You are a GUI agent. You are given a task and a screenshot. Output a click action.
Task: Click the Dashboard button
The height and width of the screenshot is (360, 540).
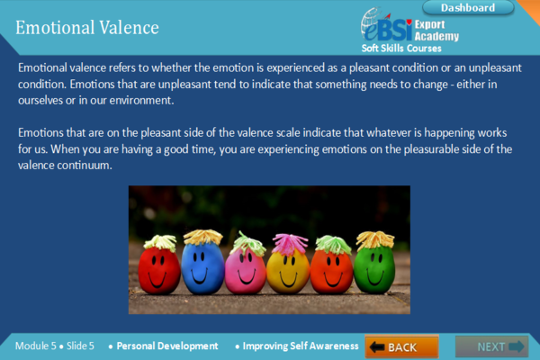coord(468,7)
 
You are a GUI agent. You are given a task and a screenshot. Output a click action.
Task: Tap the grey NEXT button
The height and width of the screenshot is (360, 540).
coord(491,346)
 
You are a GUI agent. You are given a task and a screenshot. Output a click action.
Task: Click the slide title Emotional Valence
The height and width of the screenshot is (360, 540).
coord(87,28)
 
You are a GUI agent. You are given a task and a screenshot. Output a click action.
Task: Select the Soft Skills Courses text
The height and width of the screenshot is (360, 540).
coord(401,49)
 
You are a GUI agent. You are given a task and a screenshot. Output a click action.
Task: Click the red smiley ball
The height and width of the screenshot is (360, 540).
coord(159,270)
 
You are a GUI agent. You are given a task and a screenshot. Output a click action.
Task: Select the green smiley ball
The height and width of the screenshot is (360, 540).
coord(374,269)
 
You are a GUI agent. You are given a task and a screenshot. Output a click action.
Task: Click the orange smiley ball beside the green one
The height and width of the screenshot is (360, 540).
coord(331,271)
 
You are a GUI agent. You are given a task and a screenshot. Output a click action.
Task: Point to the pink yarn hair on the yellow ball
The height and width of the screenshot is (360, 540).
coord(289,243)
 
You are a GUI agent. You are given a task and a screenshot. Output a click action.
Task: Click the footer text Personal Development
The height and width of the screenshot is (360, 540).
coord(167,346)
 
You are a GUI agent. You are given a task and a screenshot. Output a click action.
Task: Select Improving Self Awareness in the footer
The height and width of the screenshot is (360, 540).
coord(301,346)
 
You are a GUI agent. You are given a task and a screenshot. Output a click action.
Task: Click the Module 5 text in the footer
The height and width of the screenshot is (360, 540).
coord(35,346)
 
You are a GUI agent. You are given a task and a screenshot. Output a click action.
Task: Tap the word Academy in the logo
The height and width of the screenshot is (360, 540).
coord(436,36)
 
